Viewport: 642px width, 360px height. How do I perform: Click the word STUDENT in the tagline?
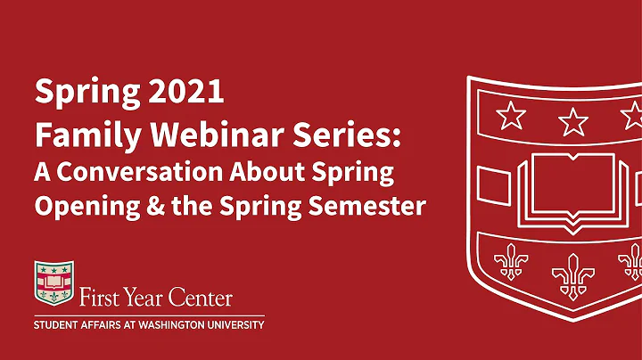pos(56,324)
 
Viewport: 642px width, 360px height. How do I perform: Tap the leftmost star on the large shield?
pos(509,115)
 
